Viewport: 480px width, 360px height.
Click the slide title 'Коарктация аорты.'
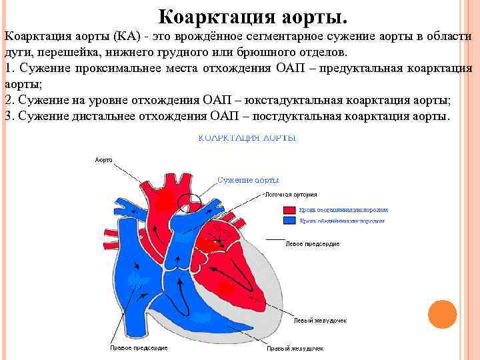coord(253,15)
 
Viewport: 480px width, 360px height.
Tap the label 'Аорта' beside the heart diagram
coord(103,160)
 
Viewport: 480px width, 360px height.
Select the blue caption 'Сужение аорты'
coord(248,180)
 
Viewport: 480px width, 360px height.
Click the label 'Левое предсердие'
coord(312,244)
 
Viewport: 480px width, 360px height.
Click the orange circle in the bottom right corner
coord(441,313)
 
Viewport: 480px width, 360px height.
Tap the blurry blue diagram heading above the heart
coord(247,138)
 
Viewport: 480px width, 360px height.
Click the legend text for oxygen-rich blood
coord(343,209)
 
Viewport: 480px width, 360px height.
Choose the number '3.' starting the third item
coord(9,117)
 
